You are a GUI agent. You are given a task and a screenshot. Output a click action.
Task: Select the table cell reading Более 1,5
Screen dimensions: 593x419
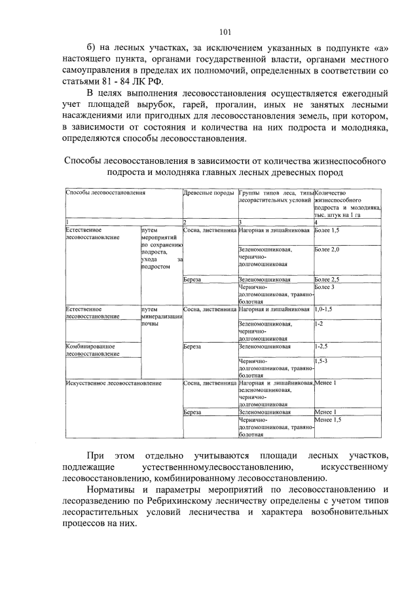click(x=327, y=231)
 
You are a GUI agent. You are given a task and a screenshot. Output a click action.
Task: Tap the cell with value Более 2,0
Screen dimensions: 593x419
click(x=327, y=250)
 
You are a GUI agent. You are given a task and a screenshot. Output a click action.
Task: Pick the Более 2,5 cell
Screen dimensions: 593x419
click(x=327, y=279)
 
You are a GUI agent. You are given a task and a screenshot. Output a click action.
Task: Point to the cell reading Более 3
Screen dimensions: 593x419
click(x=325, y=286)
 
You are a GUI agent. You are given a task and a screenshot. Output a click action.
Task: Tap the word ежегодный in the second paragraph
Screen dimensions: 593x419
click(x=359, y=92)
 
